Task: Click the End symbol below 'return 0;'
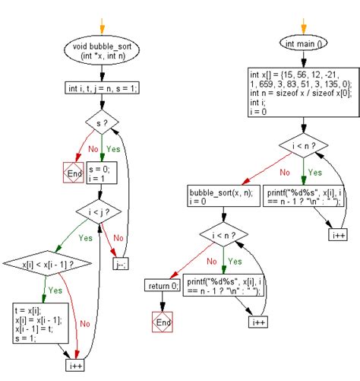click(x=161, y=322)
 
